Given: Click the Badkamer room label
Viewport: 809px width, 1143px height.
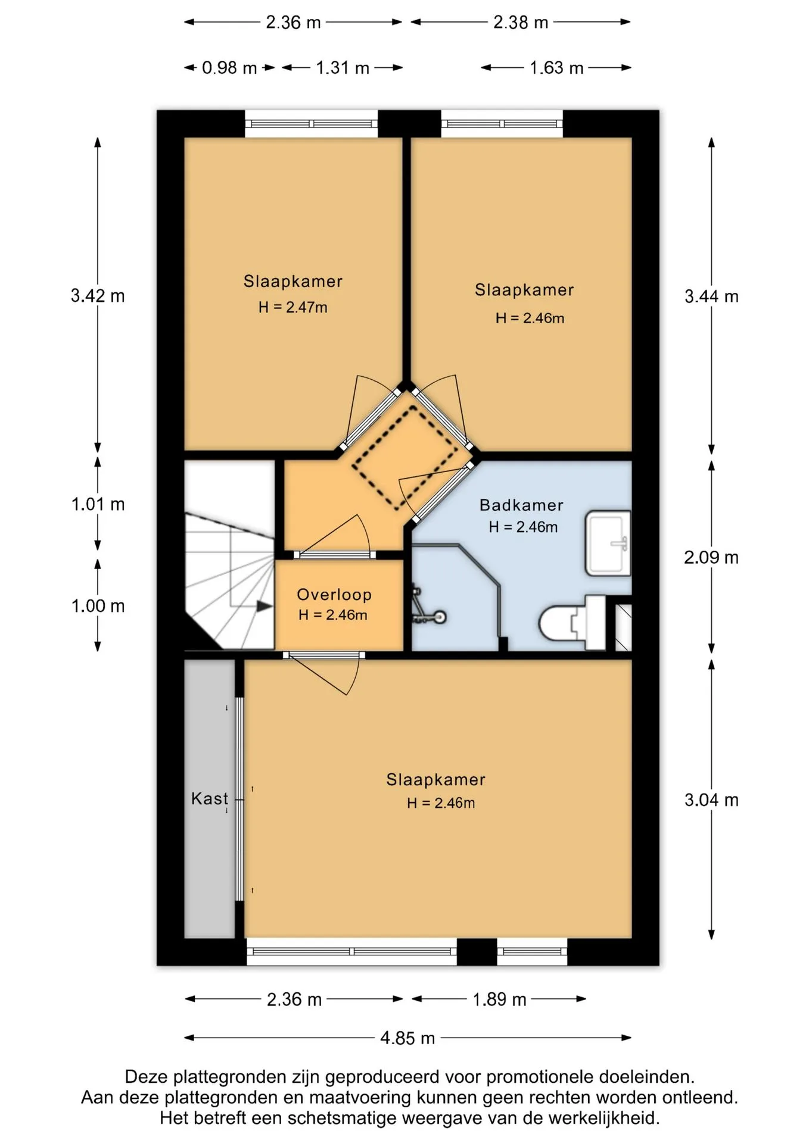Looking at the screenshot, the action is tap(521, 505).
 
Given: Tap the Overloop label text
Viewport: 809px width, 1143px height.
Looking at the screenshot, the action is tap(334, 595).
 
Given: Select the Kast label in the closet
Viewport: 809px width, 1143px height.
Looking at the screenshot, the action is tap(210, 798).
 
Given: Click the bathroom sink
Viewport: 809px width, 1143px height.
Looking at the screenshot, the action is tap(608, 543).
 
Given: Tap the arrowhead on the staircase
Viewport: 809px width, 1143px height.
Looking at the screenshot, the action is tap(265, 606).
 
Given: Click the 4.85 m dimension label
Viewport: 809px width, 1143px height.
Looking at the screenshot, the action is tap(407, 1038).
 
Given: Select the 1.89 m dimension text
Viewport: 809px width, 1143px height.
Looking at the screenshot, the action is tap(499, 1000).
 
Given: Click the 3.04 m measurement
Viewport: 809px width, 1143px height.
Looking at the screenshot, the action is tap(711, 800).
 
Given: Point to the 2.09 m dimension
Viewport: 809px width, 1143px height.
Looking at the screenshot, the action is tap(711, 558).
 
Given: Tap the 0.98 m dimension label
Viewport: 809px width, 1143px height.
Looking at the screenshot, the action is tap(229, 68).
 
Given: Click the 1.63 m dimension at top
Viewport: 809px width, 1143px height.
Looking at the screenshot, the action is tap(556, 68).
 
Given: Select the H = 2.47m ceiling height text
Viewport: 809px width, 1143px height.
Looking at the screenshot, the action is tap(293, 308).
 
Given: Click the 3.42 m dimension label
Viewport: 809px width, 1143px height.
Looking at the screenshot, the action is tap(98, 296).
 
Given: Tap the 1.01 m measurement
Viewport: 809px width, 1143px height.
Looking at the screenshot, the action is tap(98, 505).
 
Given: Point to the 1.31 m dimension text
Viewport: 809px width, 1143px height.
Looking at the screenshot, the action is tap(343, 68).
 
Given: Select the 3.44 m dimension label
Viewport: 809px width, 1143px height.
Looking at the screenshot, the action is tap(711, 296).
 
